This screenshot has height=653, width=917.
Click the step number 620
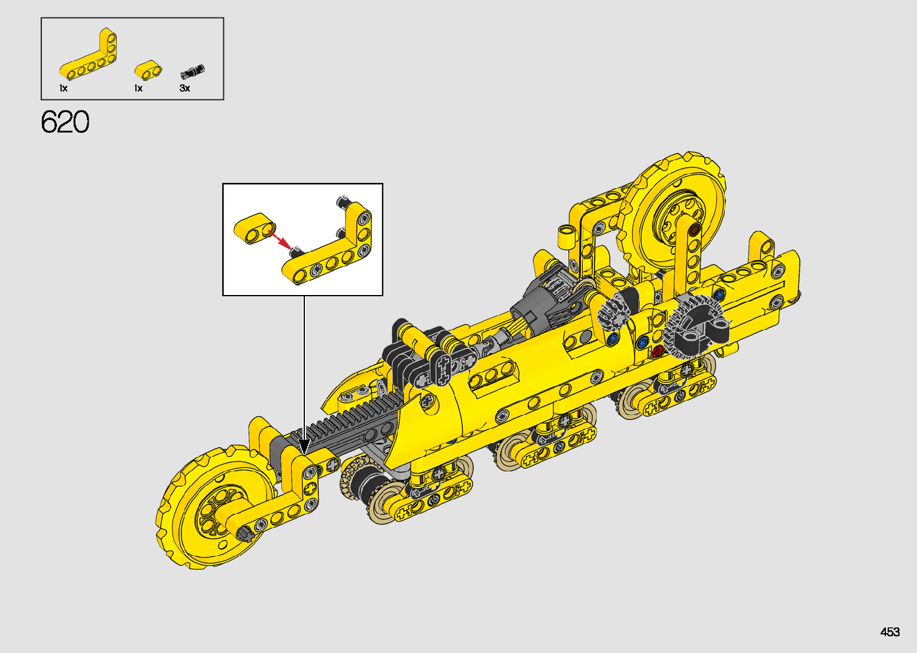pos(65,122)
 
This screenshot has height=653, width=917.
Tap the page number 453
pos(890,631)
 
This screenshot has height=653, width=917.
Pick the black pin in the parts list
pos(192,71)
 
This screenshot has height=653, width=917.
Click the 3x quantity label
pos(184,88)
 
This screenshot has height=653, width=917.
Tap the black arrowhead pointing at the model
pos(304,446)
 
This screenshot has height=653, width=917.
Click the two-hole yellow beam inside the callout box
pos(255,228)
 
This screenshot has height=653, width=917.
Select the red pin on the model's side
pos(658,351)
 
